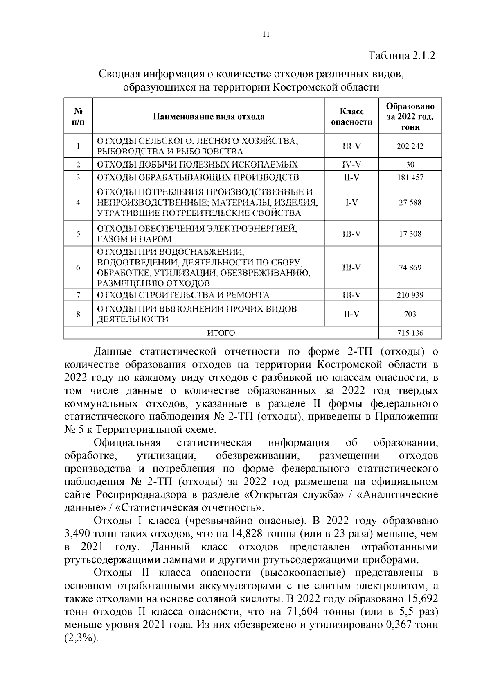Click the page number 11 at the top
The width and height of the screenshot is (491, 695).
pos(266,34)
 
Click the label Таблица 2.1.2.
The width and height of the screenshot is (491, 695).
pos(403,56)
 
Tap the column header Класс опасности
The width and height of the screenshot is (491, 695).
pos(351,117)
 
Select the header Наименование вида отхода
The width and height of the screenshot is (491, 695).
pos(209,117)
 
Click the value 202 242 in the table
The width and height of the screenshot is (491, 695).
pos(410,146)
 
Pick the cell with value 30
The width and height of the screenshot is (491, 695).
pos(410,165)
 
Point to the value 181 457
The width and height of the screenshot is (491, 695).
pos(410,177)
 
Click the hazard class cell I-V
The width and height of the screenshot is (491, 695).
pos(351,203)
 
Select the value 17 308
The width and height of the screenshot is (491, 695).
pos(410,234)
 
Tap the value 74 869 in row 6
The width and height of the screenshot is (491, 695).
pos(410,268)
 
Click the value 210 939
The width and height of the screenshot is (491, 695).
pos(410,295)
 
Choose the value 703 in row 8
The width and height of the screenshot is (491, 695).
pos(410,314)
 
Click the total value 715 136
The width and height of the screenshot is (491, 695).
pos(410,333)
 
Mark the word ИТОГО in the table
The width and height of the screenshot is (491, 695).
pos(221,333)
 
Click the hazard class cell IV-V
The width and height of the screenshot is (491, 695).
pos(351,165)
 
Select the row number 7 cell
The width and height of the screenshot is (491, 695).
pos(78,295)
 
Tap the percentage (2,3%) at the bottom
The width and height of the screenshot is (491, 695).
pos(81,638)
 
